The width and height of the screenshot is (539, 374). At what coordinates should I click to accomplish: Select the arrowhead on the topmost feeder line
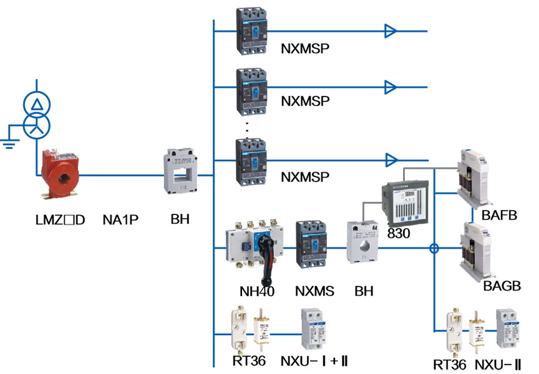pos(391,31)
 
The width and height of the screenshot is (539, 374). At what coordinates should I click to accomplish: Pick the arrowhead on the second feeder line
pos(391,85)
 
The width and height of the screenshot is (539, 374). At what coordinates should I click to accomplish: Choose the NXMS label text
pos(314,291)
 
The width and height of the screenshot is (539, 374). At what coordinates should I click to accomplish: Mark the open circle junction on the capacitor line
pos(435,248)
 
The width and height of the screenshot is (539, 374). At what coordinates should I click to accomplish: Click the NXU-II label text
pos(498,364)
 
